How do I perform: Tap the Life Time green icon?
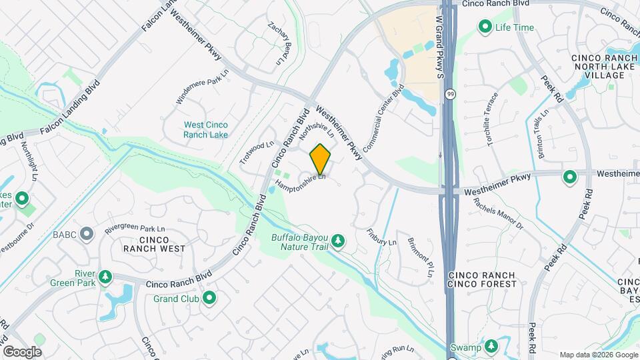[x=485, y=27]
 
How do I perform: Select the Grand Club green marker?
[x=209, y=298]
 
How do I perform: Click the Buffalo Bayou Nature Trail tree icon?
[x=338, y=241]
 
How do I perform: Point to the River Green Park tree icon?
[x=105, y=277]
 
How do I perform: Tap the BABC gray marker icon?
[x=86, y=233]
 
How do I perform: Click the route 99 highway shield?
[x=451, y=94]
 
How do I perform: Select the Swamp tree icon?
[x=491, y=346]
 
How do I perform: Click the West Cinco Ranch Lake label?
[x=205, y=130]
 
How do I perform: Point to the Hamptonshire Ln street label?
[x=300, y=183]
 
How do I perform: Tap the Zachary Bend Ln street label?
[x=281, y=44]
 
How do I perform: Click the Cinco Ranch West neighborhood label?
[x=153, y=244]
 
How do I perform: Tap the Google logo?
[x=21, y=352]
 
